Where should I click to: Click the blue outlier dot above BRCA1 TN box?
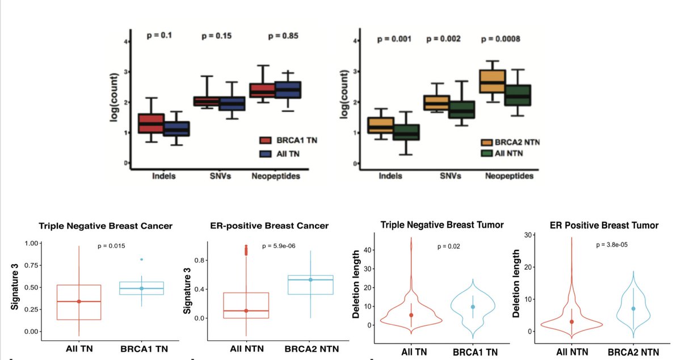142,259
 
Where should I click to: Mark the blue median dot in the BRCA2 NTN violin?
633,308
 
